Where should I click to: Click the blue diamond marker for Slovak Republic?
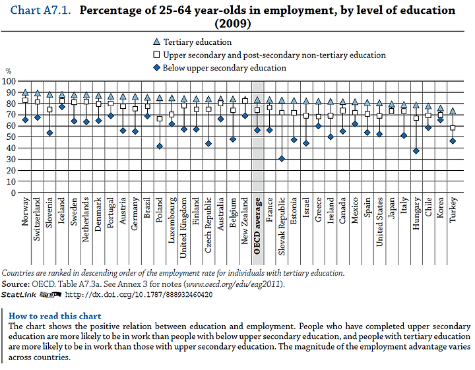coord(282,159)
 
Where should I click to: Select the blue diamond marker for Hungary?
coord(416,151)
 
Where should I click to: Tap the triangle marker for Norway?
coord(26,92)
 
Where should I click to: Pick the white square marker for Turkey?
coord(453,128)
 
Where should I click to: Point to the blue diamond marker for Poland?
coord(160,146)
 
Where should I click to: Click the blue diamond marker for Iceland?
coord(62,107)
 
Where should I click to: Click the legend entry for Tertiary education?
coord(193,42)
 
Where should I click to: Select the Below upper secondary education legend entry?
coord(220,68)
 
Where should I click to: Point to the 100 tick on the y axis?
coord(9,81)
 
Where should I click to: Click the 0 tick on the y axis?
coord(13,193)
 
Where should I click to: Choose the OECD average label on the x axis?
coord(257,226)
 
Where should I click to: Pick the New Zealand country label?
coord(245,221)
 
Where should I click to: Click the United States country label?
coord(379,222)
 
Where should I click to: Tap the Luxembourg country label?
coord(172,220)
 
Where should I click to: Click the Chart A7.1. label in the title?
coord(41,11)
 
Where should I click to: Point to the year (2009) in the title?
coord(233,24)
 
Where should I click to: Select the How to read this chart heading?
coord(55,316)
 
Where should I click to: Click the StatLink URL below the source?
coord(139,295)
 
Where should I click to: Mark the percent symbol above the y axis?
coord(9,71)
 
